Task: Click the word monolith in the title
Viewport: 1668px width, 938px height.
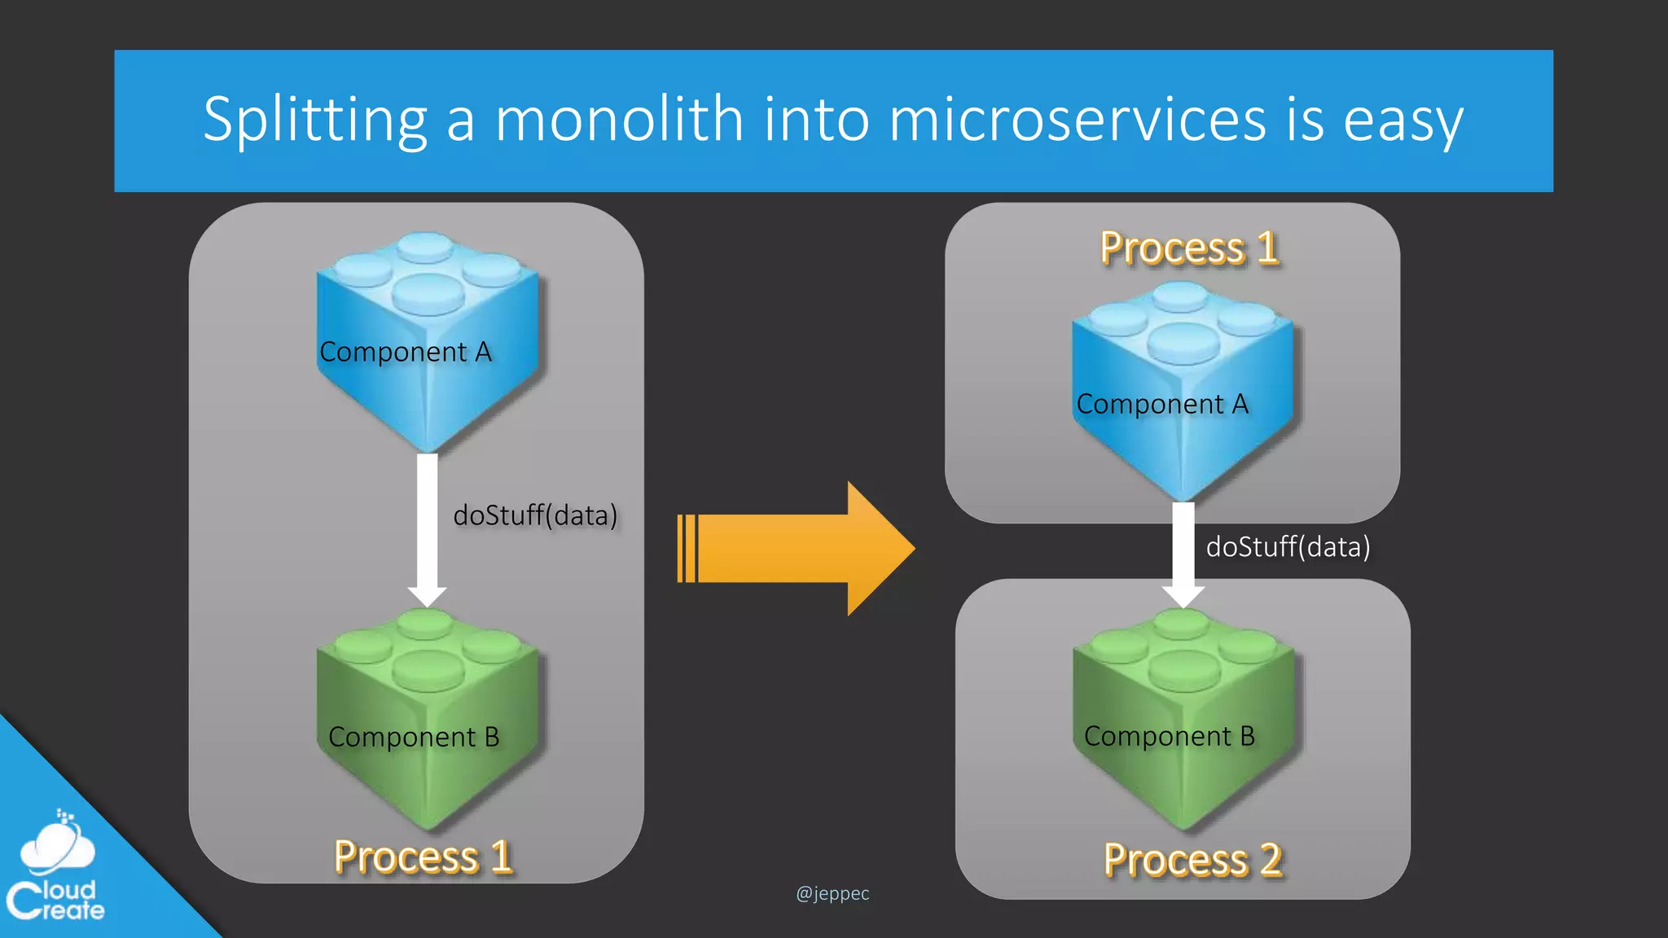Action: tap(619, 119)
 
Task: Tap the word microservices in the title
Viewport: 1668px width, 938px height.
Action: tap(1078, 119)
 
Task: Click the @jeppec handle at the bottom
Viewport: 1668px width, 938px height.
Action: tap(832, 893)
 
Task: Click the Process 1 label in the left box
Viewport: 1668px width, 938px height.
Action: tap(423, 857)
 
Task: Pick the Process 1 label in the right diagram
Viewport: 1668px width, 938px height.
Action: tap(1189, 248)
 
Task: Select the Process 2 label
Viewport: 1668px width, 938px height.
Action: tap(1192, 860)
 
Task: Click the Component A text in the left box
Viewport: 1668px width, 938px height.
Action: tap(406, 352)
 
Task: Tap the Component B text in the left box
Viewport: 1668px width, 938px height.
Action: tap(414, 737)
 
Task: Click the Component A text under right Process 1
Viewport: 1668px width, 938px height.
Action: tap(1162, 404)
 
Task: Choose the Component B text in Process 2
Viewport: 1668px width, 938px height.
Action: tap(1170, 736)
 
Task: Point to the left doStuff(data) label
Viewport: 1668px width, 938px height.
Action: tap(535, 515)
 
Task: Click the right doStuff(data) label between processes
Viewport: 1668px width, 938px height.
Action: tap(1288, 546)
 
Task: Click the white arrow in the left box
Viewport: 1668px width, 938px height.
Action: tap(427, 529)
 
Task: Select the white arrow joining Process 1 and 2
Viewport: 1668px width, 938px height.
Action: tap(1183, 554)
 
